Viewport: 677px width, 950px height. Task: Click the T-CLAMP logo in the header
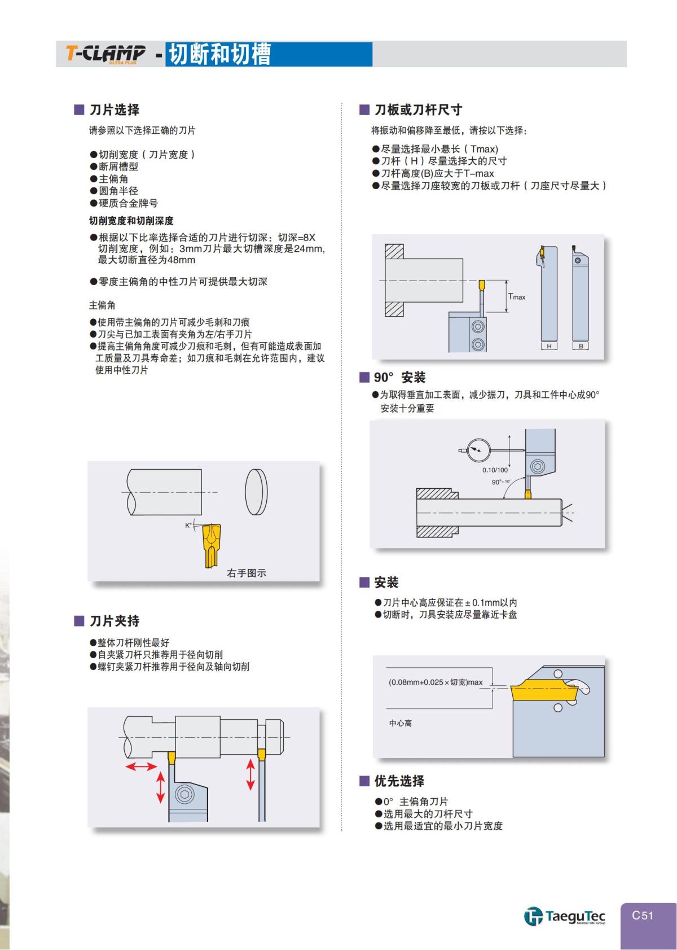(x=105, y=54)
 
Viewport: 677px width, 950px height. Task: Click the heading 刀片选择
(x=114, y=110)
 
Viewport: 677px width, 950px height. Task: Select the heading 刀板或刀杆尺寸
(x=418, y=110)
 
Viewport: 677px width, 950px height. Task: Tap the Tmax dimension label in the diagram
(x=517, y=296)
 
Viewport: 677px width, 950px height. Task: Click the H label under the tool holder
(x=548, y=346)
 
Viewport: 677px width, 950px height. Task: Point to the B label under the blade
(x=581, y=346)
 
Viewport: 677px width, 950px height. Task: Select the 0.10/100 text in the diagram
(x=495, y=470)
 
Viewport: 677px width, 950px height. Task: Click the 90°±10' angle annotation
(x=501, y=481)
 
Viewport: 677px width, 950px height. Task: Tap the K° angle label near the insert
(x=188, y=526)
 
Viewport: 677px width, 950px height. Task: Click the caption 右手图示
(x=247, y=573)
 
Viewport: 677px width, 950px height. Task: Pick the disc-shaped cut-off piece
(x=256, y=492)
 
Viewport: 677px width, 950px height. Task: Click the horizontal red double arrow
(x=140, y=767)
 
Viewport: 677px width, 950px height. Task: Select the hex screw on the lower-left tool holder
(x=184, y=794)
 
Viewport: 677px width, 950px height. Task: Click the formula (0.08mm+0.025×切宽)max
(x=436, y=682)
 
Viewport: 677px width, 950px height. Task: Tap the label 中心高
(x=400, y=723)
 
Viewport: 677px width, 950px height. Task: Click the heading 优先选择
(x=399, y=781)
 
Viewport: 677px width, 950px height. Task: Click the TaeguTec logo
(x=564, y=916)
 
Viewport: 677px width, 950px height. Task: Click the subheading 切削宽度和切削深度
(x=131, y=221)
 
